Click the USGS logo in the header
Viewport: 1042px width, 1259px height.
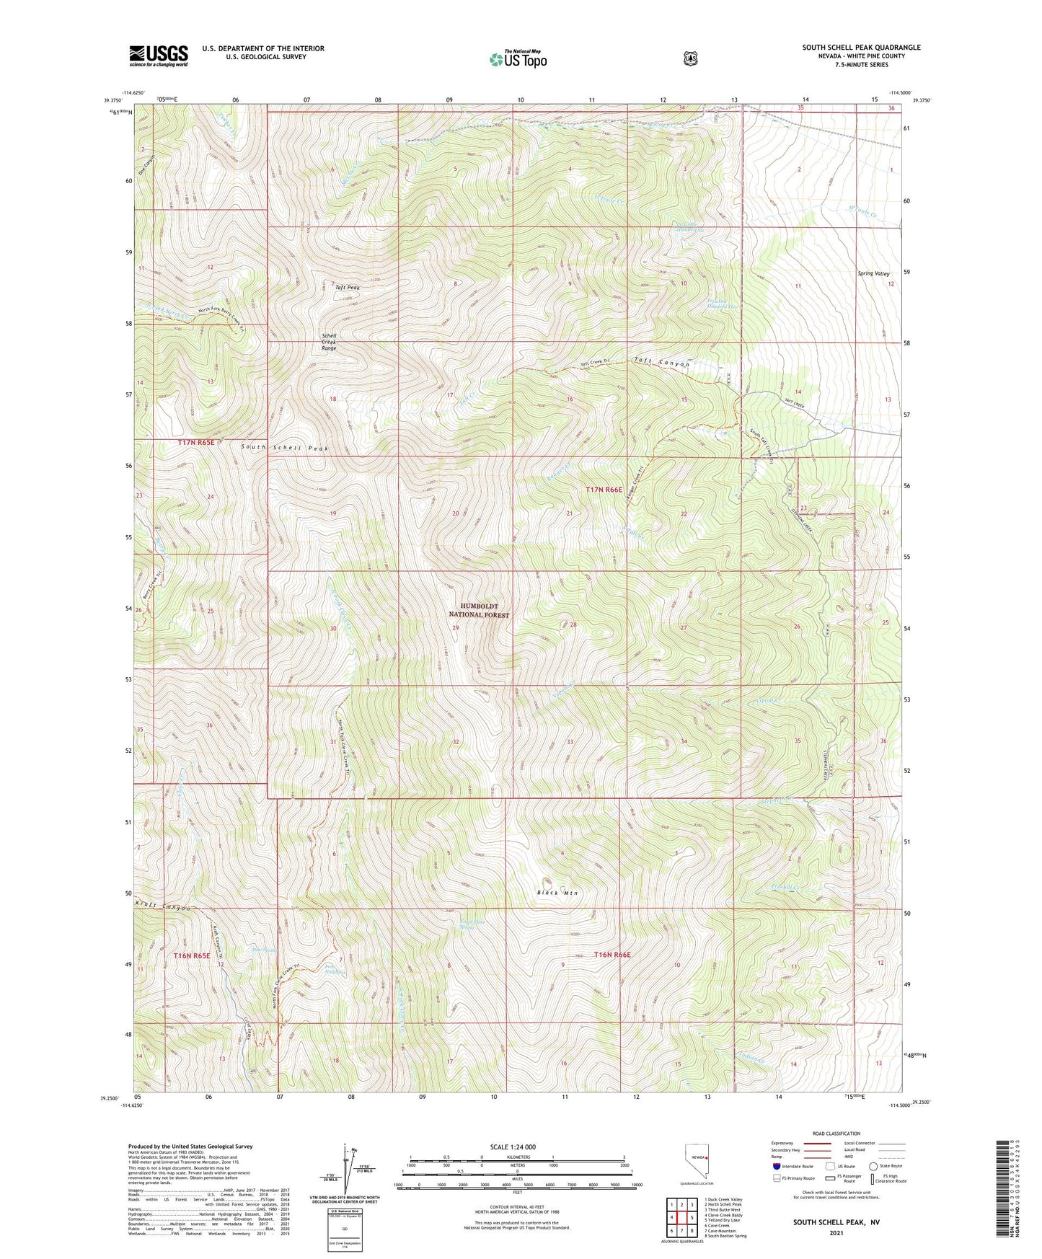tap(158, 56)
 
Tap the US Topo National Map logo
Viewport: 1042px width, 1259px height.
tap(517, 58)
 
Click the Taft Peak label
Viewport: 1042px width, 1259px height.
tap(347, 288)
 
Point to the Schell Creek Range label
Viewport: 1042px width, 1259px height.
tap(329, 342)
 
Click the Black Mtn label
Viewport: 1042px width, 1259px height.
tap(557, 893)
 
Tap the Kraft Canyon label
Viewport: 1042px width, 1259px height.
tap(163, 907)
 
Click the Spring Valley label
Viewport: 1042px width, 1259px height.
tap(873, 274)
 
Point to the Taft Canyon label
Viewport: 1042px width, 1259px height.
tap(662, 364)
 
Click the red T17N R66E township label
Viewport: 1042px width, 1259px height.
tap(604, 490)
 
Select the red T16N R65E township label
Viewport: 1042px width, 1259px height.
tap(191, 955)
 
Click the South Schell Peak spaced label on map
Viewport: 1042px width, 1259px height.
tap(284, 448)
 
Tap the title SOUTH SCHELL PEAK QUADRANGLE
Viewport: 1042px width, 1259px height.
tap(861, 48)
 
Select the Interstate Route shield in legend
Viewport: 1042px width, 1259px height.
tap(776, 1166)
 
